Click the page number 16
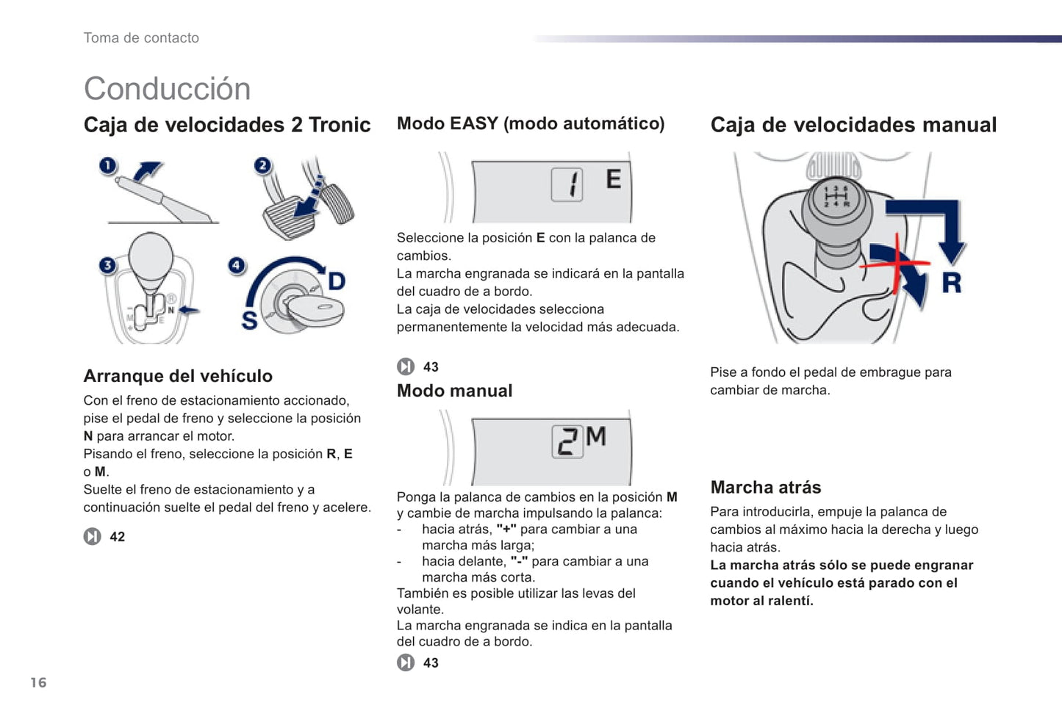pos(38,682)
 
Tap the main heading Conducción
pos(167,89)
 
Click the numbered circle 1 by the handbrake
pos(108,166)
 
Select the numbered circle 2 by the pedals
pos(262,166)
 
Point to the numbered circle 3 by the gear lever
pos(108,265)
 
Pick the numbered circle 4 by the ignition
pos(237,265)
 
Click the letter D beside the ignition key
pos(336,281)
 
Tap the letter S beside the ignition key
pos(250,320)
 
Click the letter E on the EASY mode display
pos(613,179)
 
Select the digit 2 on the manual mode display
pos(567,442)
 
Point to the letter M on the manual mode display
pos(596,437)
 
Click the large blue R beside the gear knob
pos(952,283)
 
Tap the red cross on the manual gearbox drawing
pos(898,262)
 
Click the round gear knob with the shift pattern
pos(836,200)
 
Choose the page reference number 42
pos(117,537)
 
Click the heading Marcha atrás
pos(765,487)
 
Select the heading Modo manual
pos(454,391)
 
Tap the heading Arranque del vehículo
pos(178,376)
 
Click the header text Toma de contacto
pos(141,38)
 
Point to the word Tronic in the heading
pos(340,125)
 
